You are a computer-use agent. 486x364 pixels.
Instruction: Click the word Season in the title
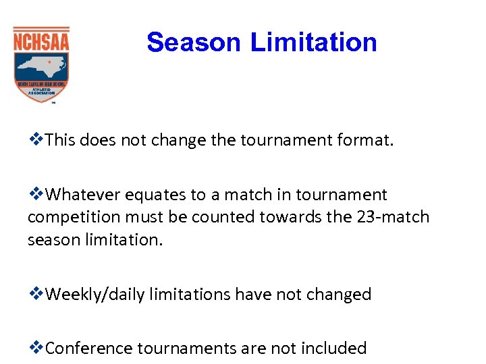[194, 42]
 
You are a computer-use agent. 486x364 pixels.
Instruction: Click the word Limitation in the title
[314, 42]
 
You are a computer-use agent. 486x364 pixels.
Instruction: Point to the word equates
[155, 195]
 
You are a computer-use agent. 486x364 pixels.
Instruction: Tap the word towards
[300, 218]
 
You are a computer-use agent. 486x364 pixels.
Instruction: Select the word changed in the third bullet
[342, 295]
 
